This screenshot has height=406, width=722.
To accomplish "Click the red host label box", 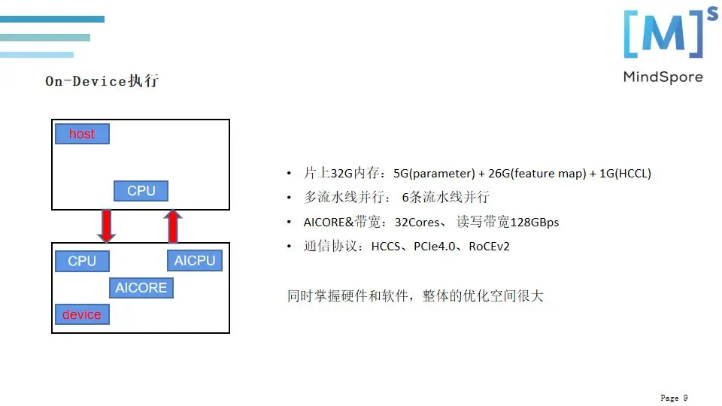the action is click(82, 134).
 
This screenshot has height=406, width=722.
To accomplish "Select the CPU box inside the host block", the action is click(141, 191).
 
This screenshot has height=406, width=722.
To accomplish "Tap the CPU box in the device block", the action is click(82, 261).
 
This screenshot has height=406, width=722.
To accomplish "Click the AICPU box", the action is click(195, 261).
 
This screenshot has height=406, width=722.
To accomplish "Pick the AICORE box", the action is click(141, 288).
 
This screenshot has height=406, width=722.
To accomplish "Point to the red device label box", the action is click(82, 314).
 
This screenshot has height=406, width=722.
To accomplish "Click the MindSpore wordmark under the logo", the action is click(663, 77).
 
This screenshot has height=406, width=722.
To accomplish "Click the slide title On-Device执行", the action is click(102, 81).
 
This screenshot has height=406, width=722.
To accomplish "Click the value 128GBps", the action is click(535, 222).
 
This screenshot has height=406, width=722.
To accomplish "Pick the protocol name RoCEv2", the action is click(489, 246).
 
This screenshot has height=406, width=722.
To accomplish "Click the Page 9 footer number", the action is click(674, 398).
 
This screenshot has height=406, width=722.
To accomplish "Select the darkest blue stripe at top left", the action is click(52, 19).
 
